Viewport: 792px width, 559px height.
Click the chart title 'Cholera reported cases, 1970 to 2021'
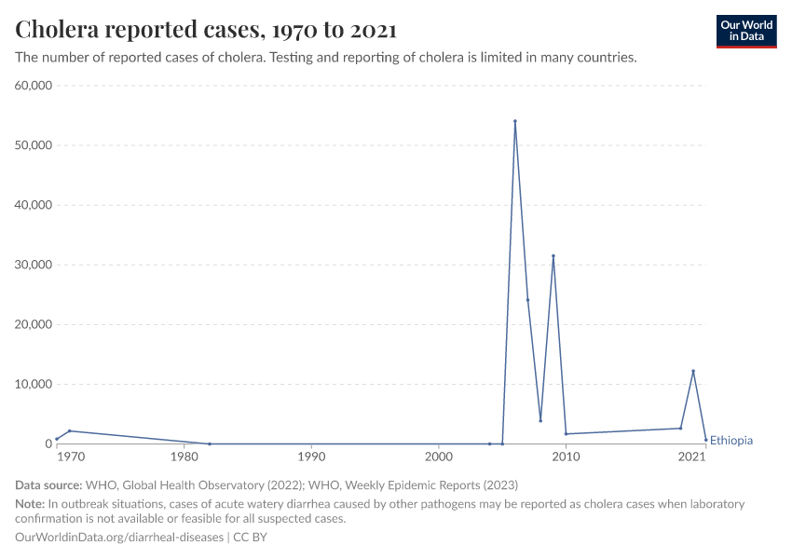(x=206, y=30)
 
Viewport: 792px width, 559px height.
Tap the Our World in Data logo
(x=745, y=31)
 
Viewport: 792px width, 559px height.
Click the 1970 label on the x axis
(x=69, y=457)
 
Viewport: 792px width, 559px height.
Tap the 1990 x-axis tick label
(x=311, y=457)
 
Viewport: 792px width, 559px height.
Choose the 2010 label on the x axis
(x=566, y=457)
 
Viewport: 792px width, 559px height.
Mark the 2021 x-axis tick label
(x=692, y=457)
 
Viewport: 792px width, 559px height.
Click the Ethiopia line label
(x=731, y=441)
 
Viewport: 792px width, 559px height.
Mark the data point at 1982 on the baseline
(x=210, y=443)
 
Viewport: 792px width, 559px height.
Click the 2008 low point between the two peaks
(x=540, y=420)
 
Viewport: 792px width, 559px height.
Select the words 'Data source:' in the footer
(x=48, y=485)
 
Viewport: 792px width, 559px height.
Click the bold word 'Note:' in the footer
(x=32, y=504)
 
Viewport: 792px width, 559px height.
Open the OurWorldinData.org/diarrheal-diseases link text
(x=119, y=538)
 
